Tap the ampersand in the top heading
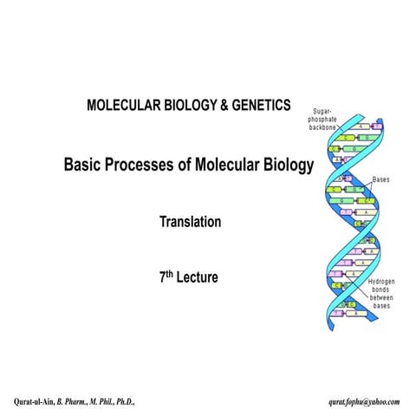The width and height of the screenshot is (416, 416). pyautogui.click(x=218, y=105)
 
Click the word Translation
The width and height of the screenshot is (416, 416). pyautogui.click(x=190, y=222)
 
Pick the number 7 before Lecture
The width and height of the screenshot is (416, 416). pyautogui.click(x=162, y=279)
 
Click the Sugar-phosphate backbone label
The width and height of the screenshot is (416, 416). pyautogui.click(x=331, y=120)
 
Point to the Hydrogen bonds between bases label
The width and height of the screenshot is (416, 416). pyautogui.click(x=381, y=295)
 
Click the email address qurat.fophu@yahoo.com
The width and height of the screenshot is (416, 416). pyautogui.click(x=364, y=402)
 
